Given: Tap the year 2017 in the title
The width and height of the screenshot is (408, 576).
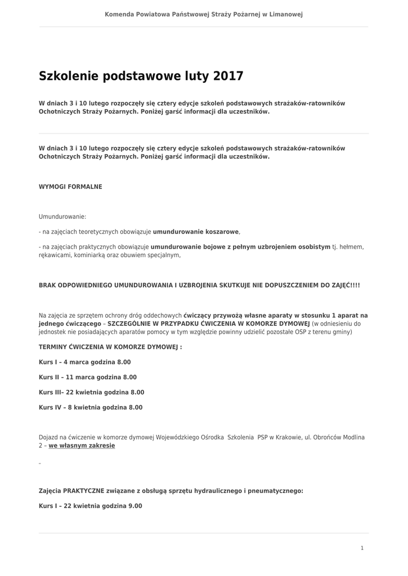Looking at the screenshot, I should pyautogui.click(x=228, y=76).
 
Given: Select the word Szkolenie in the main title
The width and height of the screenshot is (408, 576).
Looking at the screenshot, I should pyautogui.click(x=69, y=76).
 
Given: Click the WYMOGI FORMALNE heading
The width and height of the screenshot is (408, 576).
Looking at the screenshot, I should pyautogui.click(x=70, y=186).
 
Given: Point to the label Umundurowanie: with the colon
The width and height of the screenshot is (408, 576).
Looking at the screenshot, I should pyautogui.click(x=62, y=216).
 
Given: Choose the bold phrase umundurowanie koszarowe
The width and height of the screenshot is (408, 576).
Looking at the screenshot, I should pyautogui.click(x=196, y=231).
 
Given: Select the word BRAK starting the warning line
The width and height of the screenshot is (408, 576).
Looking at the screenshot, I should pyautogui.click(x=48, y=285).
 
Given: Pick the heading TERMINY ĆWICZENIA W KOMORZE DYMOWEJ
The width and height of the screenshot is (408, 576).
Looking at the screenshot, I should pyautogui.click(x=110, y=347).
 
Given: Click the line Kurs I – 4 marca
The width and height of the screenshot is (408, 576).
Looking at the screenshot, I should pyautogui.click(x=84, y=362).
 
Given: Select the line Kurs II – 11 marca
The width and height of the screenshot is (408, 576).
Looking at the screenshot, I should pyautogui.click(x=87, y=377).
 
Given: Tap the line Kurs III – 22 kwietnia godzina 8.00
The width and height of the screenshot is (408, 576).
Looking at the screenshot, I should pyautogui.click(x=91, y=392).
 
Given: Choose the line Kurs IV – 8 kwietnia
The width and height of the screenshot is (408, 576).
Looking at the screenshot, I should pyautogui.click(x=90, y=407).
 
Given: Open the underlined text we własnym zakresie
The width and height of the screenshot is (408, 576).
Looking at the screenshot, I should pyautogui.click(x=82, y=445).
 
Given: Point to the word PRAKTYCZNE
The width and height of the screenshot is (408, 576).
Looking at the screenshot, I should pyautogui.click(x=84, y=490).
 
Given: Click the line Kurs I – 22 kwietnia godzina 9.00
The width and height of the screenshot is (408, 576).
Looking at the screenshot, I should pyautogui.click(x=90, y=506).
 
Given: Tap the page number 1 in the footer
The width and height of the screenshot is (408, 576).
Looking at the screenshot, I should pyautogui.click(x=362, y=548).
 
